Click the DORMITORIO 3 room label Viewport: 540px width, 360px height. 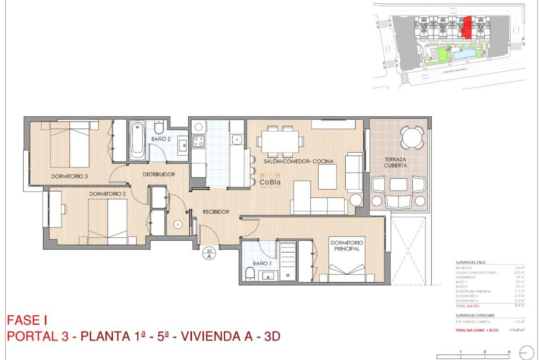tap(69, 176)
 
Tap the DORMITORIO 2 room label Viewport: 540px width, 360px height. tap(107, 194)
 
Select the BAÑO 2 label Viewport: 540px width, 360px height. tap(161, 139)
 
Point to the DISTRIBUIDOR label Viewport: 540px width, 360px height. tap(159, 174)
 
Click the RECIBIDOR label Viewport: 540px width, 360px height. tap(216, 212)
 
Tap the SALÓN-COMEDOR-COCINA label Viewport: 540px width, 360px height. tap(298, 161)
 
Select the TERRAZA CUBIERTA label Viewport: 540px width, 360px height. tap(395, 163)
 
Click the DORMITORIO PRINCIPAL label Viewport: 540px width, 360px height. tap(346, 246)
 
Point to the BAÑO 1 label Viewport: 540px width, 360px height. tap(262, 263)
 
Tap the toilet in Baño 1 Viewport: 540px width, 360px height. tap(250, 273)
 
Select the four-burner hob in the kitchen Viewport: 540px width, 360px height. tap(198, 141)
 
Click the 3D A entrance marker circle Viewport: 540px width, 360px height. tap(209, 254)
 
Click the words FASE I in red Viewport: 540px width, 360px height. tap(27, 320)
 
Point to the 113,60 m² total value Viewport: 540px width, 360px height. tap(516, 330)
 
